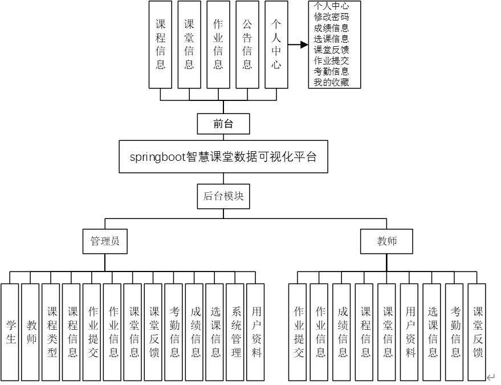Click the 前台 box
coord(223,123)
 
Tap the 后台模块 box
coord(223,196)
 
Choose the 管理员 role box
coord(105,241)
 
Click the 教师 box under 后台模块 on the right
coord(386,241)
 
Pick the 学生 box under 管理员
coord(11,332)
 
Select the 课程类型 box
coord(52,332)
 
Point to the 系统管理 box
coord(236,332)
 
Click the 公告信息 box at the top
coord(247,44)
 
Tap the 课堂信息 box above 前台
coord(189,44)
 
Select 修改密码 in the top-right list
coord(331,17)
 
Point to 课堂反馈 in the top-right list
coord(331,50)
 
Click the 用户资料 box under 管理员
coord(256,332)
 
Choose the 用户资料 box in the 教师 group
coord(410,332)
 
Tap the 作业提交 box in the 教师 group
coord(298,332)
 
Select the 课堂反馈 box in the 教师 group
coord(478,332)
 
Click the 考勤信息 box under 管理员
coord(174,332)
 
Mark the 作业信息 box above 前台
coord(218,44)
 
